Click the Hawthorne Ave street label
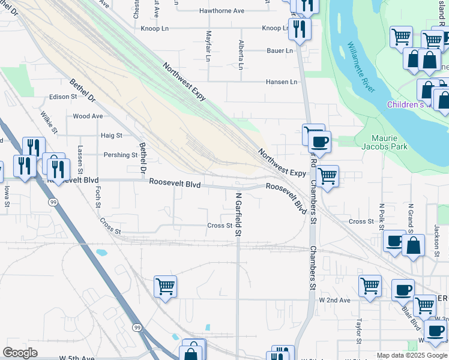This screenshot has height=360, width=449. (x=221, y=11)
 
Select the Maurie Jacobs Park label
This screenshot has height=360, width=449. (x=385, y=142)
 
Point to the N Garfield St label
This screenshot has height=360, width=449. (x=238, y=214)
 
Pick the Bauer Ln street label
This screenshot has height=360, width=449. (x=280, y=50)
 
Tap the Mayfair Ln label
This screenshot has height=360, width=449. (x=208, y=46)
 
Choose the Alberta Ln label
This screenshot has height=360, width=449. (x=241, y=55)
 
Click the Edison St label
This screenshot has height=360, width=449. (x=64, y=96)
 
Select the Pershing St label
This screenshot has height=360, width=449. (x=121, y=155)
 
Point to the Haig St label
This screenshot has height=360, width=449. (x=112, y=136)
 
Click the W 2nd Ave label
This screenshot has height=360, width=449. (x=334, y=299)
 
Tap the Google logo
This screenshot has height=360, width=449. (x=20, y=353)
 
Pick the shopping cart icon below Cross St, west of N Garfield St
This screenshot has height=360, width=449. (x=164, y=286)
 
